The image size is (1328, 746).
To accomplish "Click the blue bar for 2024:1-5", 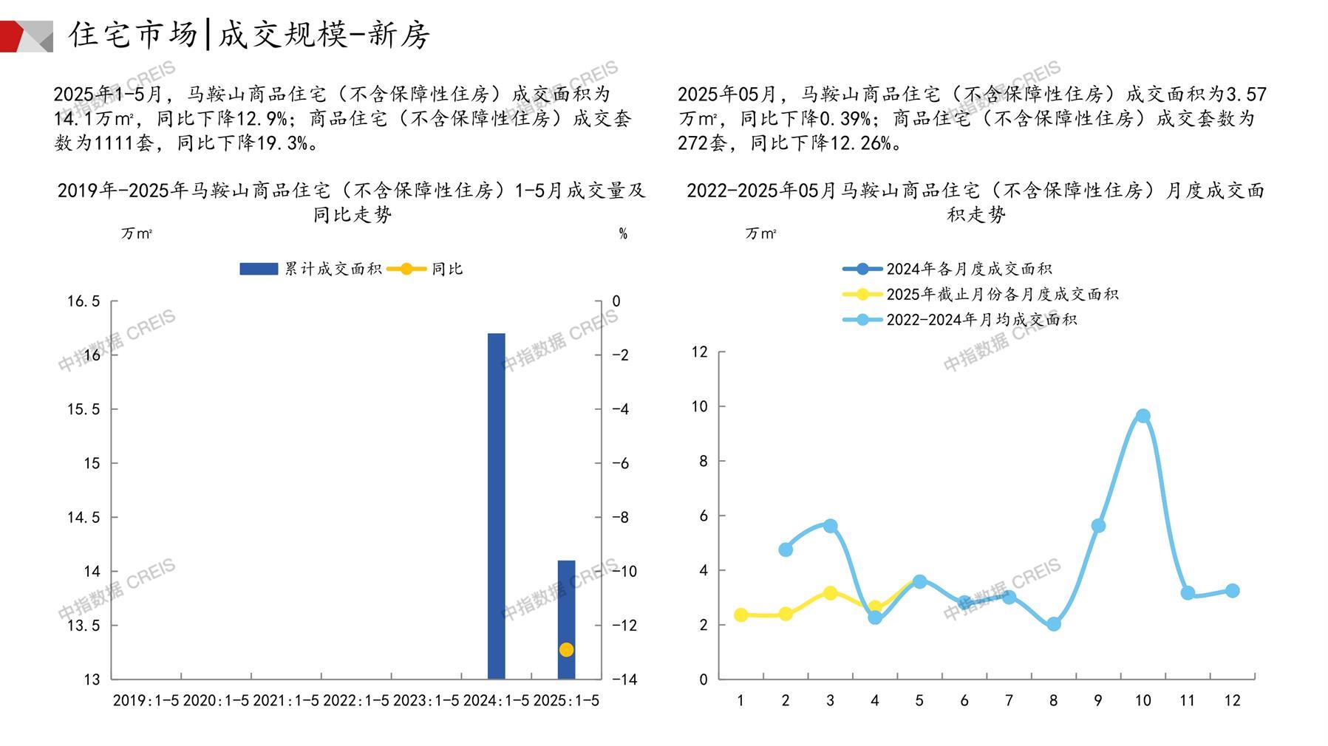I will pos(496,506).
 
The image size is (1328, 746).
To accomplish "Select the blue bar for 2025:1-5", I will pos(566,619).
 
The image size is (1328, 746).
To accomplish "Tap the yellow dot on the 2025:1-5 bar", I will pos(566,650).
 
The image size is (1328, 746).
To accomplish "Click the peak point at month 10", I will pos(1143,416).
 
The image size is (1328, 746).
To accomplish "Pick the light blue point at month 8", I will pos(1054,624).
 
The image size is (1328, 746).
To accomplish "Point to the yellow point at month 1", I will pos(740,615).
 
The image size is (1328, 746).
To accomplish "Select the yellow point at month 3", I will pos(830,593).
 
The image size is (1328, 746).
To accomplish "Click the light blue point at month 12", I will pos(1232,591).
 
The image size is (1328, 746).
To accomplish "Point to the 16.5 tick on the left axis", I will pos(84,301).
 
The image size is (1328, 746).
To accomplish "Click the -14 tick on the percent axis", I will pos(624,680).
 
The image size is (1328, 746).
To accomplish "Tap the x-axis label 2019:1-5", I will pos(146,700).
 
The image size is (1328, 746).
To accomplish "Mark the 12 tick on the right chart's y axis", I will pos(699,352).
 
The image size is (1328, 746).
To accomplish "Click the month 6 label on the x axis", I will pos(964,700).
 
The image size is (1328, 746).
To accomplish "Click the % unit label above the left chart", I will pos(623,234).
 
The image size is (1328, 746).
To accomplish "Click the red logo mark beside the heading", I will pos(27,35).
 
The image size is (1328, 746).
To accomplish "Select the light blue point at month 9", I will pos(1098,526).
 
